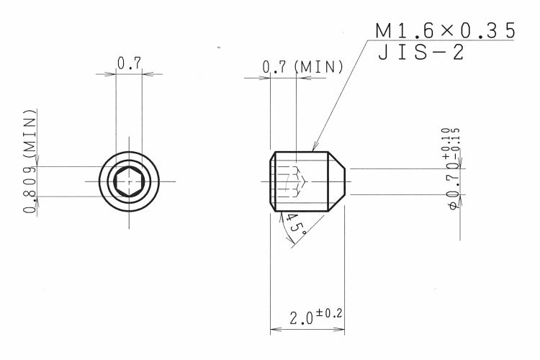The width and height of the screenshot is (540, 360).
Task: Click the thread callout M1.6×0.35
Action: pyautogui.click(x=445, y=31)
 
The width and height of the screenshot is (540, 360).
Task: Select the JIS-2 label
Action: pyautogui.click(x=421, y=53)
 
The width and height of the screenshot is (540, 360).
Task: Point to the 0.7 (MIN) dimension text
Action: pyautogui.click(x=302, y=67)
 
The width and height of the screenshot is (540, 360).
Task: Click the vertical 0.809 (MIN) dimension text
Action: pyautogui.click(x=30, y=161)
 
